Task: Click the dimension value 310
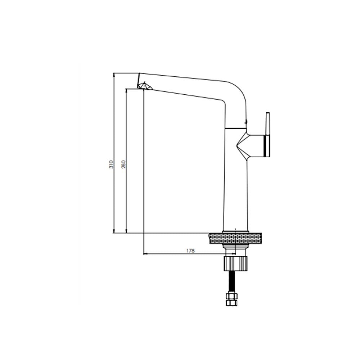coord(111,165)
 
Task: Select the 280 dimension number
coord(123,165)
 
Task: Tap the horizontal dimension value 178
coord(190,251)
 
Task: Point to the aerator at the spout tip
coord(144,86)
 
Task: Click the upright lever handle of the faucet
coord(268,135)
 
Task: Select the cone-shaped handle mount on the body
coord(250,146)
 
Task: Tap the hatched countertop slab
coord(235,239)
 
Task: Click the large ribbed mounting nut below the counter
coord(235,264)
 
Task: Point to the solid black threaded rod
coord(231,282)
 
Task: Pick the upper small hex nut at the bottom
coord(231,296)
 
